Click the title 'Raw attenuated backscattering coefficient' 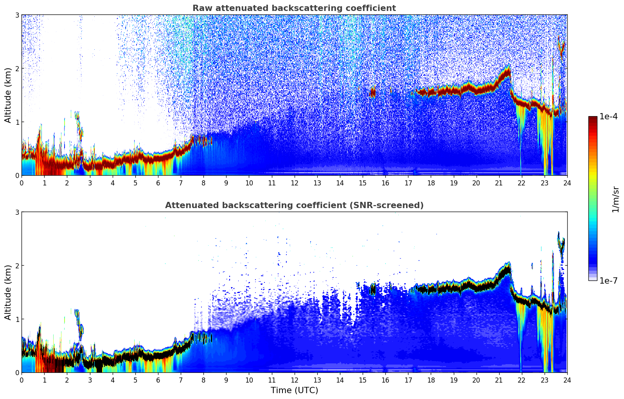point(294,8)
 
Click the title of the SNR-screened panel point(294,205)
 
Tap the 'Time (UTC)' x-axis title point(294,390)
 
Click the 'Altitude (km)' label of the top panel point(8,95)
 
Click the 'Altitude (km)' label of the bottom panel point(8,292)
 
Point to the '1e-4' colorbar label point(608,117)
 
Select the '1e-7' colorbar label point(608,280)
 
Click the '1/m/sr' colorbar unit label point(615,199)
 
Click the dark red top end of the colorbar point(593,118)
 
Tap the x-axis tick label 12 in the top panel point(294,183)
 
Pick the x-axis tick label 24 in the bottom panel point(567,380)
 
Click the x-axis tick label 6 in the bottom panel point(158,380)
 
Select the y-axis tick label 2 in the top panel point(17,68)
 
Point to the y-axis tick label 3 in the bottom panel point(17,212)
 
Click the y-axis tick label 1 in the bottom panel point(17,319)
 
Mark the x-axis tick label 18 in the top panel point(431,183)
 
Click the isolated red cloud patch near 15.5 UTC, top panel point(372,92)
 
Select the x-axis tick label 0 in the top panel point(22,183)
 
